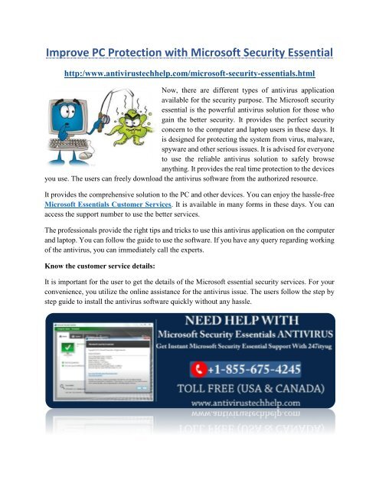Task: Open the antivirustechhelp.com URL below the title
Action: (x=189, y=74)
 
